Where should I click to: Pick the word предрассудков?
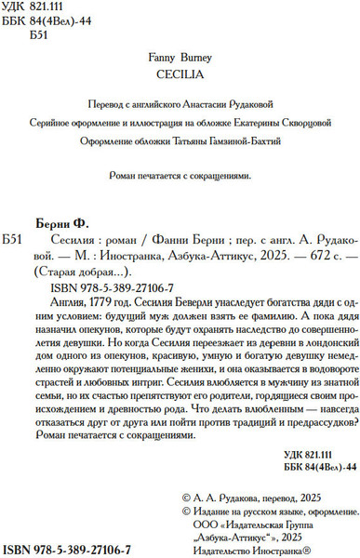[x=290, y=432]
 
